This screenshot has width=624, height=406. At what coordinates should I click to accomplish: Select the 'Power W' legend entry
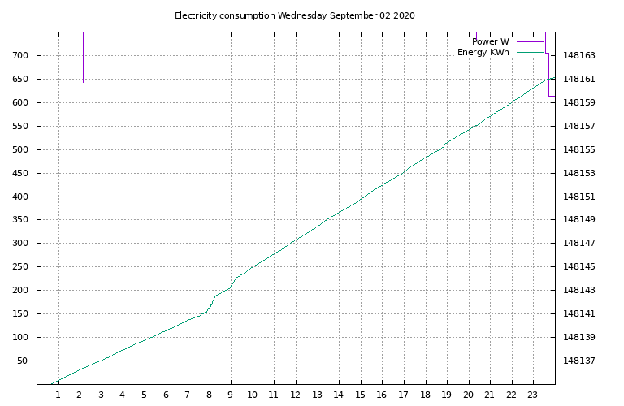[x=490, y=41]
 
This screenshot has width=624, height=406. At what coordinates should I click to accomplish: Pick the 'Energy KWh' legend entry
[x=483, y=53]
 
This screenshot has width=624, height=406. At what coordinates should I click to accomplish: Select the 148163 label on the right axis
[x=579, y=56]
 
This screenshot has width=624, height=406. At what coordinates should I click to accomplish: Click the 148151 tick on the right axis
[x=579, y=197]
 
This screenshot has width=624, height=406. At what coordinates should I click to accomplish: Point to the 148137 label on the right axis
[x=579, y=361]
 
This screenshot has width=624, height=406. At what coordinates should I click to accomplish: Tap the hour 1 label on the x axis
[x=58, y=395]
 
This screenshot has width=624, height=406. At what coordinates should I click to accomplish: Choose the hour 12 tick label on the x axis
[x=295, y=395]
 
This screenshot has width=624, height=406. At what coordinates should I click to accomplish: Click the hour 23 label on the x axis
[x=533, y=395]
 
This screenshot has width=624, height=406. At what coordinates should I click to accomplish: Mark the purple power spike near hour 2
[x=84, y=57]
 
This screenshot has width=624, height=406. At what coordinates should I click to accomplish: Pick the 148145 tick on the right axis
[x=579, y=267]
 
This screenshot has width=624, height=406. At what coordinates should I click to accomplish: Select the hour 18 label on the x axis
[x=425, y=395]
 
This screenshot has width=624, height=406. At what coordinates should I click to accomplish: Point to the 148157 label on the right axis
[x=579, y=127]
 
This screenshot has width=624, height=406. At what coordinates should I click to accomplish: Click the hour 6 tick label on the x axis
[x=166, y=395]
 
